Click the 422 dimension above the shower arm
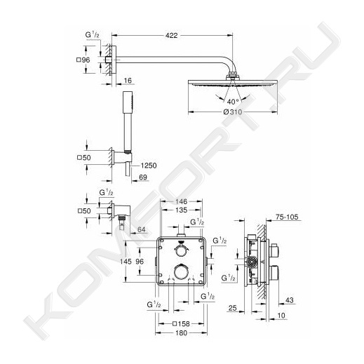coord(172,36)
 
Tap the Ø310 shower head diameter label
coord(232,112)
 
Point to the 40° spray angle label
coord(233,102)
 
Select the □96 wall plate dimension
coord(83,60)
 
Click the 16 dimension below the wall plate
coord(128,81)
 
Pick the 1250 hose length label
coord(149,166)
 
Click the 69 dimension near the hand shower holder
coord(143,177)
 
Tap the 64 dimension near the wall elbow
coord(141,229)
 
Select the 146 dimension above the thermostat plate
coord(181,201)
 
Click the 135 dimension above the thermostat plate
coord(181,210)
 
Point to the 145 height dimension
coord(126,261)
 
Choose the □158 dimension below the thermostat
coord(181,324)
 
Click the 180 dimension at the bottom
coord(181,332)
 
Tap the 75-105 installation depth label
coord(287,217)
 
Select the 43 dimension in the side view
coord(289,300)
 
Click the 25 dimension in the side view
coord(232,308)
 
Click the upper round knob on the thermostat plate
coord(180,251)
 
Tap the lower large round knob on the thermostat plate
coord(181,271)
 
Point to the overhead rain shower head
coord(233,83)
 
